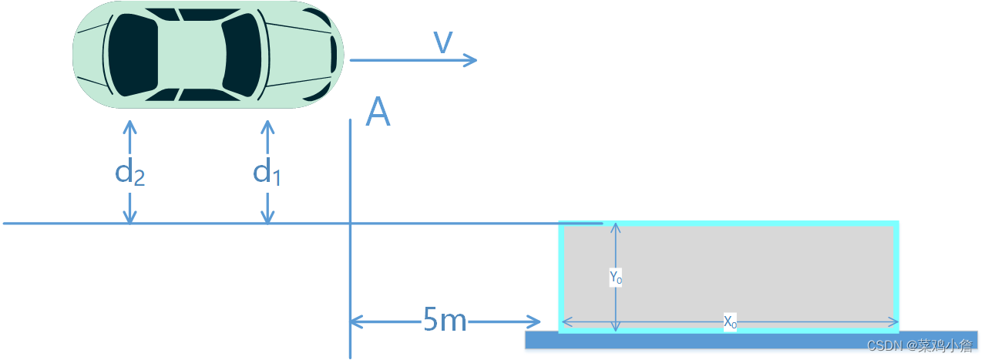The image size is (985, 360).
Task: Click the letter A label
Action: click(x=378, y=113)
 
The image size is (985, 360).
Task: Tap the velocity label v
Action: click(x=443, y=42)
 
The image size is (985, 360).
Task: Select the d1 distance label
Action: click(x=267, y=173)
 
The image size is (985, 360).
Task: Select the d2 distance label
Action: click(x=129, y=173)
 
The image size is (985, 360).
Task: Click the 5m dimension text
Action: click(x=445, y=320)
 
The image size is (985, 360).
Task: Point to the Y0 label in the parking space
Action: click(x=615, y=277)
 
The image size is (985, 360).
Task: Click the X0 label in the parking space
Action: click(x=730, y=322)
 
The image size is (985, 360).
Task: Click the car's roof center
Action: click(x=190, y=54)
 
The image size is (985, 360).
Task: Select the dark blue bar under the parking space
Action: click(x=694, y=341)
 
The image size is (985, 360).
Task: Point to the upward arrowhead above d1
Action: click(x=267, y=125)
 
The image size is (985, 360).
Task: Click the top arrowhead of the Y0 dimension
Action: click(x=615, y=227)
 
